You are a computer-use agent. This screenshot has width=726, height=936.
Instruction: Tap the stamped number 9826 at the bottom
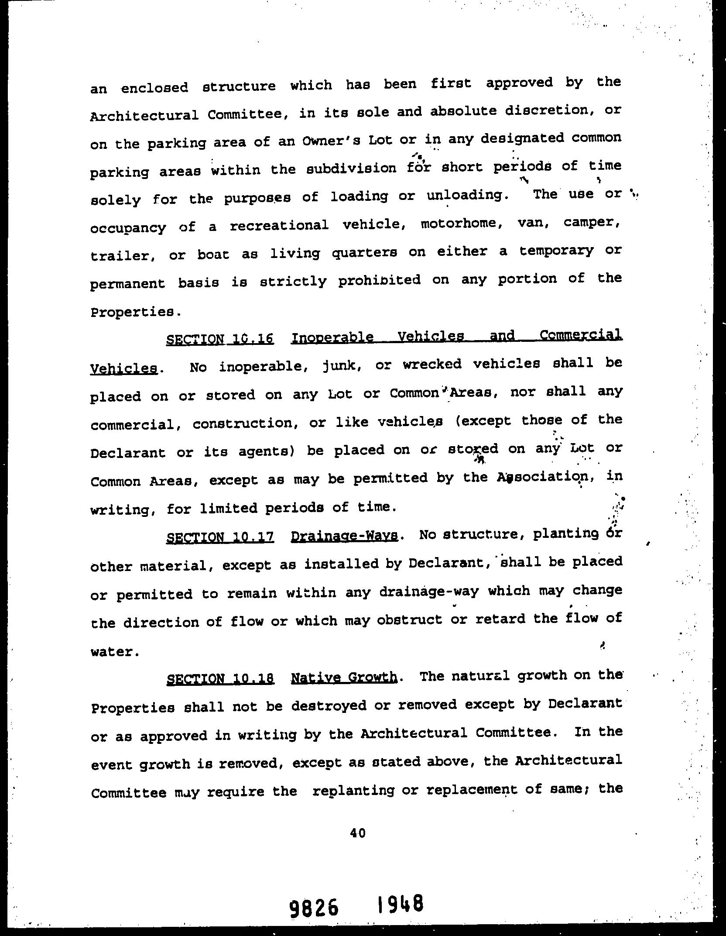(x=313, y=906)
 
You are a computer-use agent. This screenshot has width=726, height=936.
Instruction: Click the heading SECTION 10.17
(x=220, y=537)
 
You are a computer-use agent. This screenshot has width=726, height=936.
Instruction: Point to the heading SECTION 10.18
(x=220, y=678)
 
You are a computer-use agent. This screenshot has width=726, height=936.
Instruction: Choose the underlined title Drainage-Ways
(x=344, y=535)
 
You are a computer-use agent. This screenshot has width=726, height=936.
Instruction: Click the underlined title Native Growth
(x=344, y=677)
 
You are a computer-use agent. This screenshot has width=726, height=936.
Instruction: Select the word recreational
(x=279, y=225)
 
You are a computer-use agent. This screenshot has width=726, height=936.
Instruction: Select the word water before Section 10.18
(x=114, y=652)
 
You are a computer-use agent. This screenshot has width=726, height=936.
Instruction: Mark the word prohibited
(x=379, y=280)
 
